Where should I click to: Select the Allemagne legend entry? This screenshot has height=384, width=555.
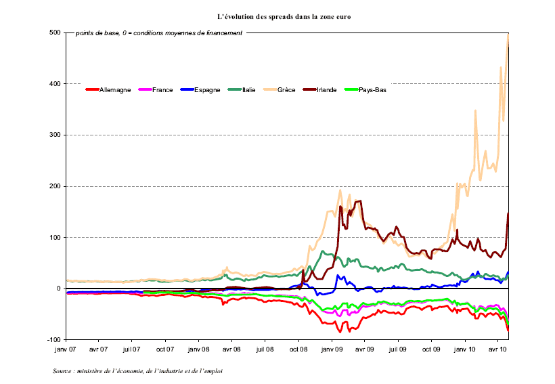(x=114, y=89)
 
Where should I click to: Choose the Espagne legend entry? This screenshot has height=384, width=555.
(x=206, y=89)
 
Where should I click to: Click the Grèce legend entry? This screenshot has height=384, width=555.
(x=286, y=89)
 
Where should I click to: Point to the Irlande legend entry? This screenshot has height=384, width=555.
(x=327, y=89)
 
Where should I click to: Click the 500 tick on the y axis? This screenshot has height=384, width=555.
(x=55, y=33)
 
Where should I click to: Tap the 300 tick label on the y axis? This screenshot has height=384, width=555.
(x=55, y=135)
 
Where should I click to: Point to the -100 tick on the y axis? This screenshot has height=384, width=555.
(x=53, y=339)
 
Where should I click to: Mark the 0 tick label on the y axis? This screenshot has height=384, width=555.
(x=59, y=289)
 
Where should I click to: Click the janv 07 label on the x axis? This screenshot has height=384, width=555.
(x=66, y=350)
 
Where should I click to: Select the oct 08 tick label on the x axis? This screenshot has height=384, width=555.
(x=298, y=350)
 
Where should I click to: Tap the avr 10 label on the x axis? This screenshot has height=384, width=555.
(x=498, y=350)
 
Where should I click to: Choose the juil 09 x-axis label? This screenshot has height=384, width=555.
(x=398, y=350)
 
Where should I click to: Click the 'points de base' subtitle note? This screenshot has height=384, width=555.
(x=158, y=33)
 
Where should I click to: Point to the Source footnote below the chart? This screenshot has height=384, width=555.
(x=137, y=370)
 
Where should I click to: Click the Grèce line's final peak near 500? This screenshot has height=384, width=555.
(x=508, y=35)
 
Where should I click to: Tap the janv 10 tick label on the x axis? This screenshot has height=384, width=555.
(x=465, y=350)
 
